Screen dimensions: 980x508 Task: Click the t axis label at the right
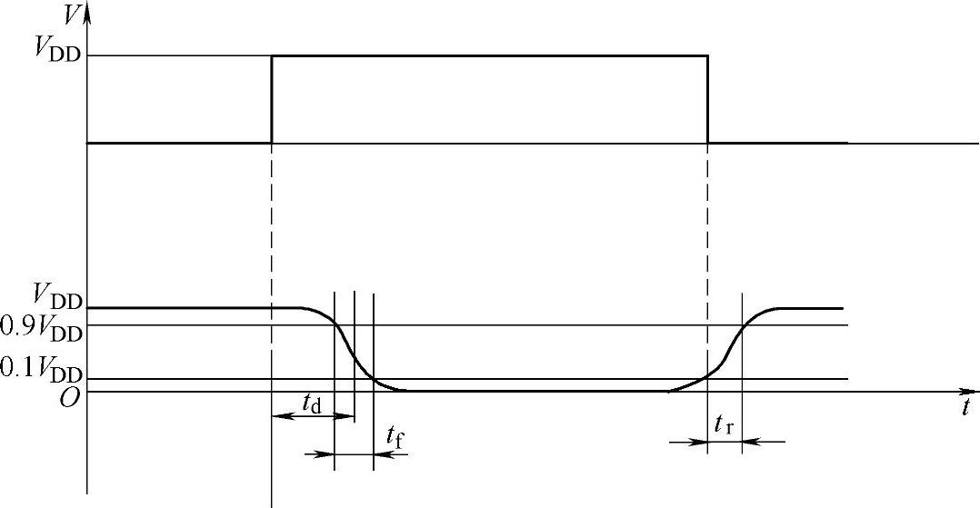point(966,407)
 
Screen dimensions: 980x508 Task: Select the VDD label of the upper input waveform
point(57,48)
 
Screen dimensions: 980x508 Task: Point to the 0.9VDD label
point(41,327)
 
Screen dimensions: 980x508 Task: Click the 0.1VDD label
point(41,369)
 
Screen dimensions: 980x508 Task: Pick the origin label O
point(69,398)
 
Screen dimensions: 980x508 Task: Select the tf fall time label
point(396,437)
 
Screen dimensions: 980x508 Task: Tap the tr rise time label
point(724,425)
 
